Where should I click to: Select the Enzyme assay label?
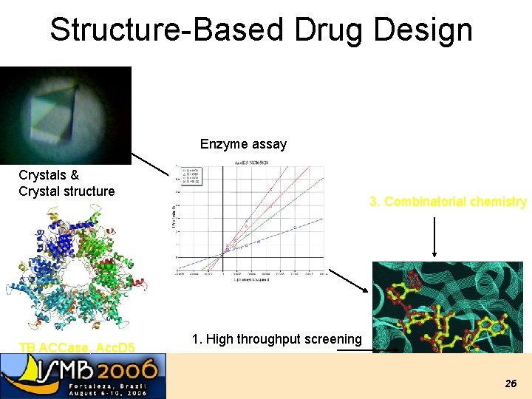[x=243, y=144]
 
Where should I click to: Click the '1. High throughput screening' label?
[x=276, y=339]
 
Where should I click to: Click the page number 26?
[x=511, y=383]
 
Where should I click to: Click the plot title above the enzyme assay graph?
[x=251, y=163]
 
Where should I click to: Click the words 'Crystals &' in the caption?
[x=49, y=175]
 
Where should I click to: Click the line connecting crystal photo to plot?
[x=151, y=164]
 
